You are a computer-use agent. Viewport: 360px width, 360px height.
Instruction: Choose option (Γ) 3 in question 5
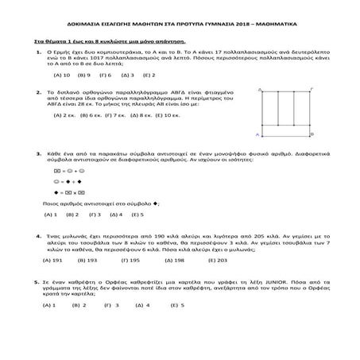(118, 304)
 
